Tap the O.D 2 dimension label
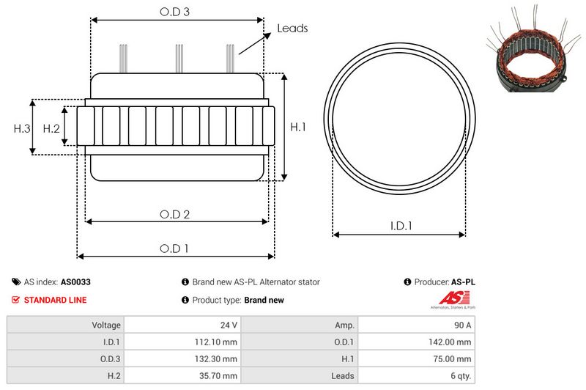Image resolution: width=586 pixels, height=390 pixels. click(175, 214)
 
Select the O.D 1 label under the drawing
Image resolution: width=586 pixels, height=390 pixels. click(174, 249)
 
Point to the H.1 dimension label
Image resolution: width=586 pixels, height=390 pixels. click(298, 128)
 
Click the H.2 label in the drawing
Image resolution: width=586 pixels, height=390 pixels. click(51, 128)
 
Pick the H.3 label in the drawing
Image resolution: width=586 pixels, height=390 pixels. click(22, 128)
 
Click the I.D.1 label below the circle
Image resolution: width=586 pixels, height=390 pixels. click(400, 227)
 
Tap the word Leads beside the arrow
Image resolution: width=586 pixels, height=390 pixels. click(292, 29)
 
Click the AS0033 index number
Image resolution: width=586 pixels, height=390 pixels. click(75, 282)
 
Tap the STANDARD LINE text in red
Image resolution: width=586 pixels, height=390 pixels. click(55, 300)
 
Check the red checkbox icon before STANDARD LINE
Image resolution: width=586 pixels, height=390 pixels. click(16, 300)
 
